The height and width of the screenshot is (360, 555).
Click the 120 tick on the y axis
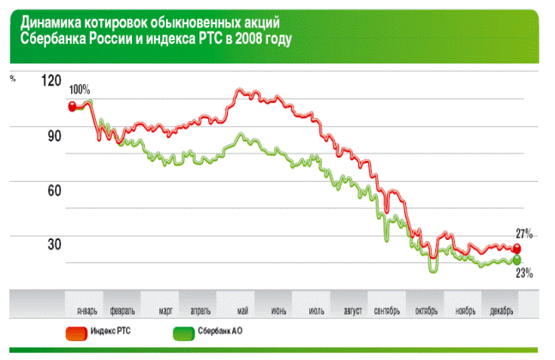tap(51, 80)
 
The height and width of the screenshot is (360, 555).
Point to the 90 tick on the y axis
tap(53, 135)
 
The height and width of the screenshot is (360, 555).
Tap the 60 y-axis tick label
tap(53, 189)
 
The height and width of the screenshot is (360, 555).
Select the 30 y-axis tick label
tap(53, 244)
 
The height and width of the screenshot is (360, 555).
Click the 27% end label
tap(524, 233)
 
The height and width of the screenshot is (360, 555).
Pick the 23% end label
tap(524, 273)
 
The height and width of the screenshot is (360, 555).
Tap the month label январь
tap(87, 309)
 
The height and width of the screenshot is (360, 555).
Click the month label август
tap(352, 309)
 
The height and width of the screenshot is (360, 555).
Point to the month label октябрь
tap(426, 309)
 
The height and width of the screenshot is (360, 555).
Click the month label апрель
tap(200, 309)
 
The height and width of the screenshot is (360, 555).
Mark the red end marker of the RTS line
tap(516, 249)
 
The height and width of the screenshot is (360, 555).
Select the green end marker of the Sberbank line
tap(516, 261)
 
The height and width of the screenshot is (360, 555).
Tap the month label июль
tap(314, 309)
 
